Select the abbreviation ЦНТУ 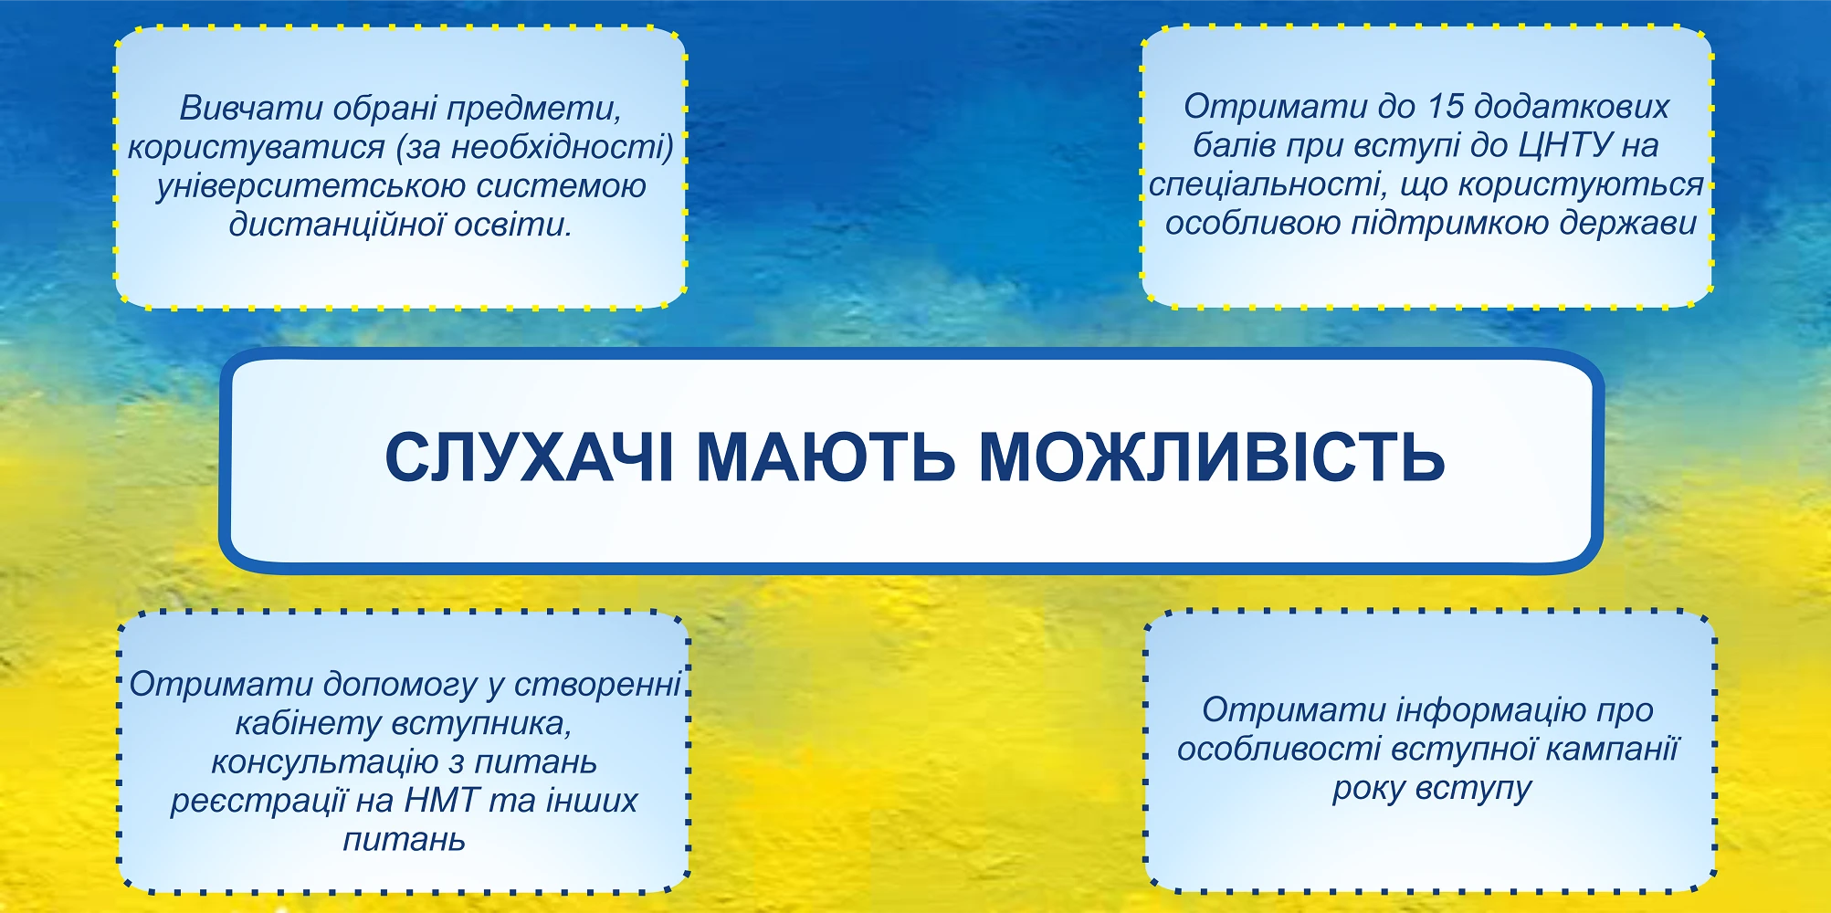(1565, 145)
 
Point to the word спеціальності (1265, 185)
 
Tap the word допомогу (400, 685)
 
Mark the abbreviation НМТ (442, 801)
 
